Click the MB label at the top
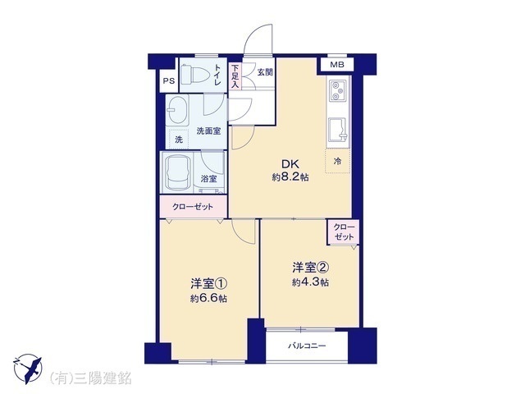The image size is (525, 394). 336,65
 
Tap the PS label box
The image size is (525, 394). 168,80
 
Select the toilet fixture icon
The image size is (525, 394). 194,76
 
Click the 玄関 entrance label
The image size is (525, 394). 265,72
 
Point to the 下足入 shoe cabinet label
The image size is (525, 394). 235,76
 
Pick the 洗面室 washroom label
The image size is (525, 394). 208,131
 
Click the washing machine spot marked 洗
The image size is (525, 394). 176,138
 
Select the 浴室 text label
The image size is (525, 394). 209,179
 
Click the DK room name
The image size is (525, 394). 291,163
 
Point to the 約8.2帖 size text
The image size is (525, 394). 291,177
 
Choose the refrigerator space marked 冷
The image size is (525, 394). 337,161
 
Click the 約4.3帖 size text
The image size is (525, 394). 311,282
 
